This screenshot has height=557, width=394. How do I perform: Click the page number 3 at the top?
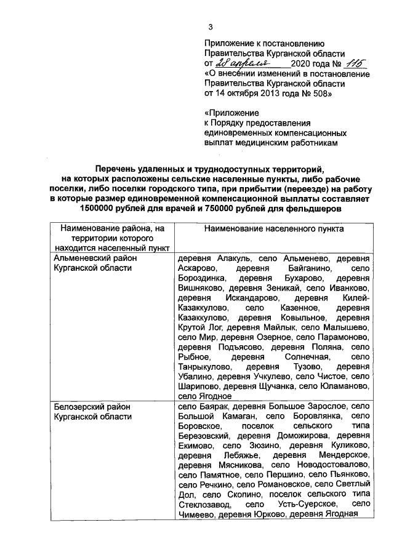(211, 27)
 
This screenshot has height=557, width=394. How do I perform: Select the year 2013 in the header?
(266, 94)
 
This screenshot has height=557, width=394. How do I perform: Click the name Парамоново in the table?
(345, 337)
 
